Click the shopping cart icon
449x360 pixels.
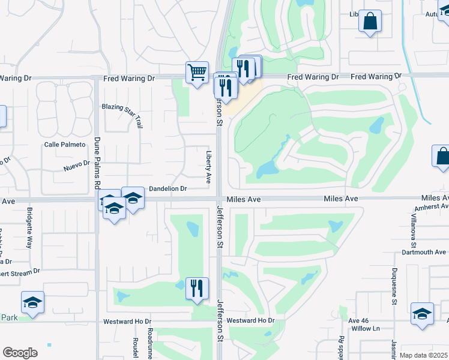coord(197,73)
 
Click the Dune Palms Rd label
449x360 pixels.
coord(97,162)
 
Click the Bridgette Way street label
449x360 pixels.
coord(29,228)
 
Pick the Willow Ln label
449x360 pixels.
coord(367,329)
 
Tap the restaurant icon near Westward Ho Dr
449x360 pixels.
coord(197,289)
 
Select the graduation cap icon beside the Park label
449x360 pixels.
coord(33,303)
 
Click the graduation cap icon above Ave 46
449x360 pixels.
coord(422,314)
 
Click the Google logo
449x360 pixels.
coord(20,353)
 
